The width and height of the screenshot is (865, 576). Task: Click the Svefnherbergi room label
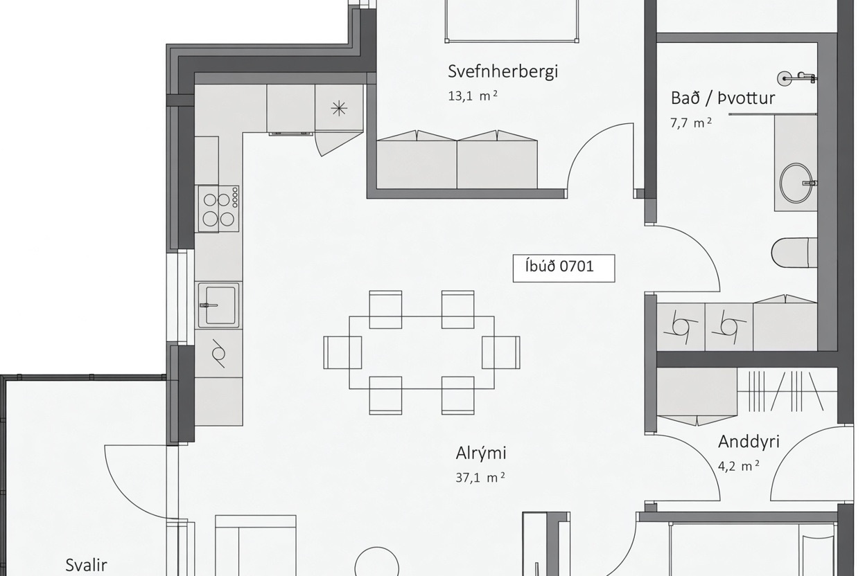pos(503,72)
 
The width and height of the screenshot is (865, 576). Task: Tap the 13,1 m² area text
pos(473,96)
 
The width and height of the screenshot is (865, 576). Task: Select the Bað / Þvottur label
pos(723,98)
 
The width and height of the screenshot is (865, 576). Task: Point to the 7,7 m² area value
pos(691,123)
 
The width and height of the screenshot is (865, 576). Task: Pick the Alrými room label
pos(481,453)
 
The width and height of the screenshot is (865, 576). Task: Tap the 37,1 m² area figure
pos(480,478)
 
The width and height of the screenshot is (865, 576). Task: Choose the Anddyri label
pos(749,442)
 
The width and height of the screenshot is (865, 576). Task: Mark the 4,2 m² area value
pos(739,466)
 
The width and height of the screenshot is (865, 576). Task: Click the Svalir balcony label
pos(86,565)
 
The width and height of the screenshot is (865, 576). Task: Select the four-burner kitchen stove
pos(219,208)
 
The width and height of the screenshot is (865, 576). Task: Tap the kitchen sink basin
pos(219,305)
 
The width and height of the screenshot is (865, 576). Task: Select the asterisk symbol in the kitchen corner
pos(339,109)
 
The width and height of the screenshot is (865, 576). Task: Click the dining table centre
pos(421,352)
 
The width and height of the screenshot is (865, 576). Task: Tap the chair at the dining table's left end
pos(342,352)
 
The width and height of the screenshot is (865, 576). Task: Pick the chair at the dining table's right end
pos(501,352)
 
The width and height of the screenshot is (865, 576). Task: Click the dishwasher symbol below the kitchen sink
pos(219,353)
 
